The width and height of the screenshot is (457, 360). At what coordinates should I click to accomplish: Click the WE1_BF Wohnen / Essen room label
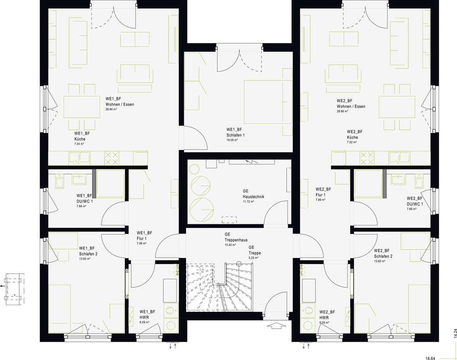(120, 101)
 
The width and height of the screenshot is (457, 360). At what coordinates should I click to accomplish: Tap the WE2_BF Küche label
(355, 134)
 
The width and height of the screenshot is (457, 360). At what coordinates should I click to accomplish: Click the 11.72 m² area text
(248, 201)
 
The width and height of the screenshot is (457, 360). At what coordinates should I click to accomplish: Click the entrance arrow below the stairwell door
(277, 327)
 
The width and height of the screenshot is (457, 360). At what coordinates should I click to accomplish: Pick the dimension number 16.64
(430, 358)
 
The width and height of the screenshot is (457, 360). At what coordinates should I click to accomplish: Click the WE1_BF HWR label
(147, 314)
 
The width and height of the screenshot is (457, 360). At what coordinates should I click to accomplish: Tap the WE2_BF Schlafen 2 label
(383, 253)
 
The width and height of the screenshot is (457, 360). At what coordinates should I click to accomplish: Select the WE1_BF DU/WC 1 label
(84, 198)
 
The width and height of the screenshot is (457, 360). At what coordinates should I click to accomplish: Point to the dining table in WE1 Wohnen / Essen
(82, 107)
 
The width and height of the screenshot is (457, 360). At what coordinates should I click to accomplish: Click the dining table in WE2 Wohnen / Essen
(397, 107)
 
